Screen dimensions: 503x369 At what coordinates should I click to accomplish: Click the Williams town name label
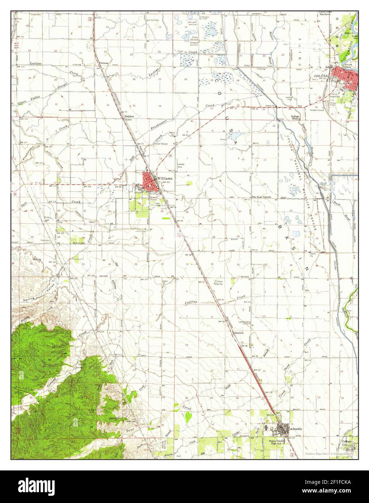point(165,178)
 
